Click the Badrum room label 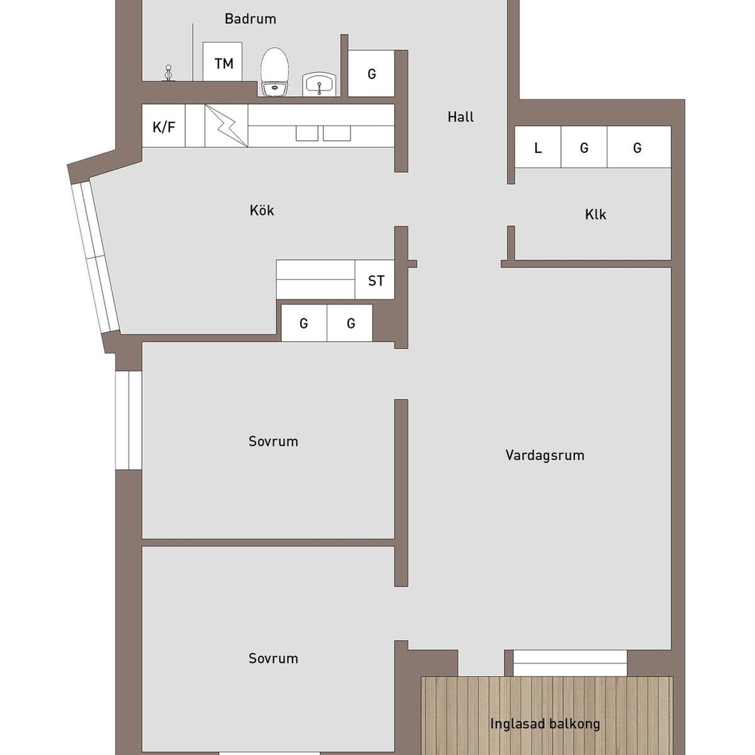(x=250, y=19)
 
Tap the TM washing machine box (x=222, y=62)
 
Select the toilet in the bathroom (x=275, y=72)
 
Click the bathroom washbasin (x=320, y=84)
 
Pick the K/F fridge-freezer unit (x=164, y=126)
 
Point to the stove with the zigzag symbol (x=226, y=126)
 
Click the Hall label (x=461, y=117)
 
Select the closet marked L (x=537, y=147)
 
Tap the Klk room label (x=596, y=215)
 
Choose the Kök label (x=262, y=210)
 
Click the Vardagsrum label (x=545, y=455)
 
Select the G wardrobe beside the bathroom (x=371, y=73)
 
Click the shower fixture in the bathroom (x=169, y=73)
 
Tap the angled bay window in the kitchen (x=95, y=258)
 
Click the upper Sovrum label (x=273, y=441)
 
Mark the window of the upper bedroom (x=128, y=420)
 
